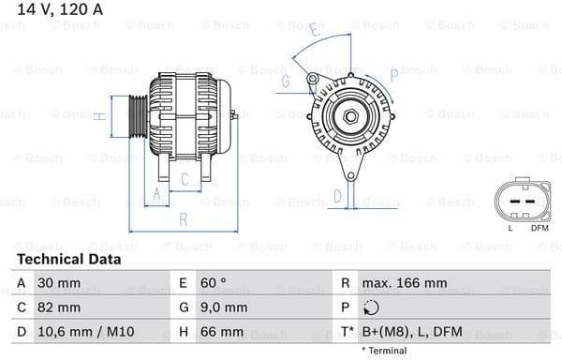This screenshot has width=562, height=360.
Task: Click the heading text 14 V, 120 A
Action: pyautogui.click(x=47, y=11)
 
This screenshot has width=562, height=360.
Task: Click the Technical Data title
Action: pyautogui.click(x=68, y=259)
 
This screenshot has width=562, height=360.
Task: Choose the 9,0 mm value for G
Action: pyautogui.click(x=224, y=307)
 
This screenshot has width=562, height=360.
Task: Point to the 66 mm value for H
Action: pyautogui.click(x=222, y=332)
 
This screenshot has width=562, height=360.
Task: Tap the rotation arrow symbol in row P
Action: pyautogui.click(x=373, y=307)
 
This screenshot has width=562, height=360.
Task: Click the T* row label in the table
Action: pyautogui.click(x=347, y=332)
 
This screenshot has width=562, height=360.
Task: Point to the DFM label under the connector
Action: pyautogui.click(x=540, y=228)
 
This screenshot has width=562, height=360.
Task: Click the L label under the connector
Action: pyautogui.click(x=510, y=228)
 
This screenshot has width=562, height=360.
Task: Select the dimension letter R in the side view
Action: pyautogui.click(x=184, y=219)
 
